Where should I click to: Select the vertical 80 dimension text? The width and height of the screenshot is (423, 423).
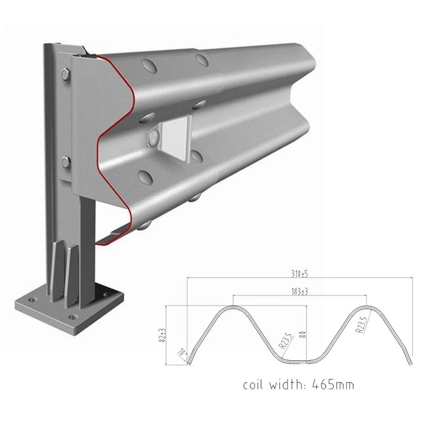303,334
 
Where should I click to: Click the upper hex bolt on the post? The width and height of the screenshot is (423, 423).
65,75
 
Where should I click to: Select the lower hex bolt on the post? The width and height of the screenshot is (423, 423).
66,162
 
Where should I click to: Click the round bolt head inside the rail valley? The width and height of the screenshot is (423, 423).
154,139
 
